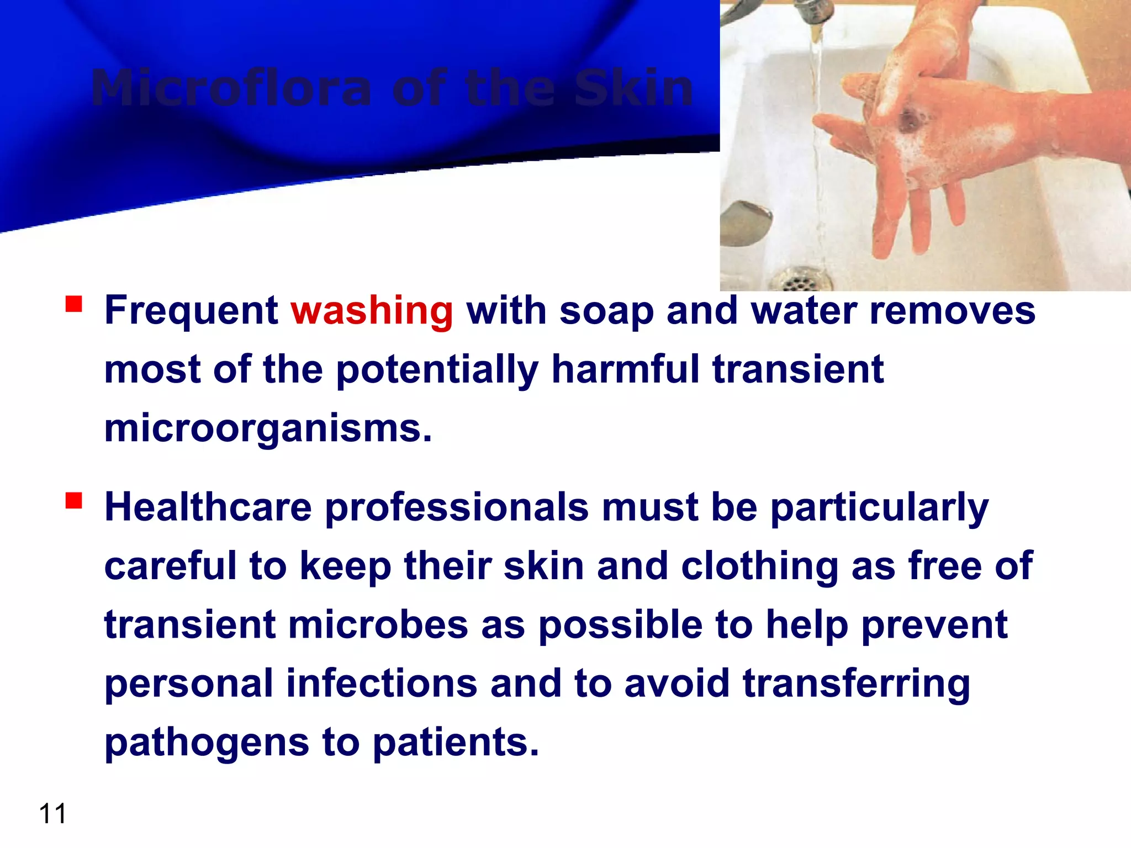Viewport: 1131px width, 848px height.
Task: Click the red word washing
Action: pyautogui.click(x=372, y=311)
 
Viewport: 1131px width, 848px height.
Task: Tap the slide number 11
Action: pyautogui.click(x=52, y=814)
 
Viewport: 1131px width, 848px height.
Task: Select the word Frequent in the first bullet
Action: pyautogui.click(x=191, y=311)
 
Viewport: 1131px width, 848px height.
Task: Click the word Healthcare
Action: pyautogui.click(x=208, y=508)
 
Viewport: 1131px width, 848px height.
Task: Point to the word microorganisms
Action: pyautogui.click(x=267, y=429)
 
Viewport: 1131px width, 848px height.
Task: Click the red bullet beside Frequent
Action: pyautogui.click(x=73, y=304)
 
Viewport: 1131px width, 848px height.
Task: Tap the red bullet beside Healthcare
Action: pyautogui.click(x=73, y=501)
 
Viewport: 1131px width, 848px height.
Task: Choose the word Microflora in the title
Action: pyautogui.click(x=231, y=88)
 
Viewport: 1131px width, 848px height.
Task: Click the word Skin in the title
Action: pyautogui.click(x=633, y=88)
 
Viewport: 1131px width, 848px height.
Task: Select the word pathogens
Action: pyautogui.click(x=207, y=743)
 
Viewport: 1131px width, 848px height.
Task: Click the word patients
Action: pyautogui.click(x=456, y=743)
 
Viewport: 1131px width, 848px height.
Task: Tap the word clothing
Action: pyautogui.click(x=759, y=568)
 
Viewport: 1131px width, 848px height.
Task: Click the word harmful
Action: pyautogui.click(x=625, y=370)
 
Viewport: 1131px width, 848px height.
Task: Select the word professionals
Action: pyautogui.click(x=457, y=508)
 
